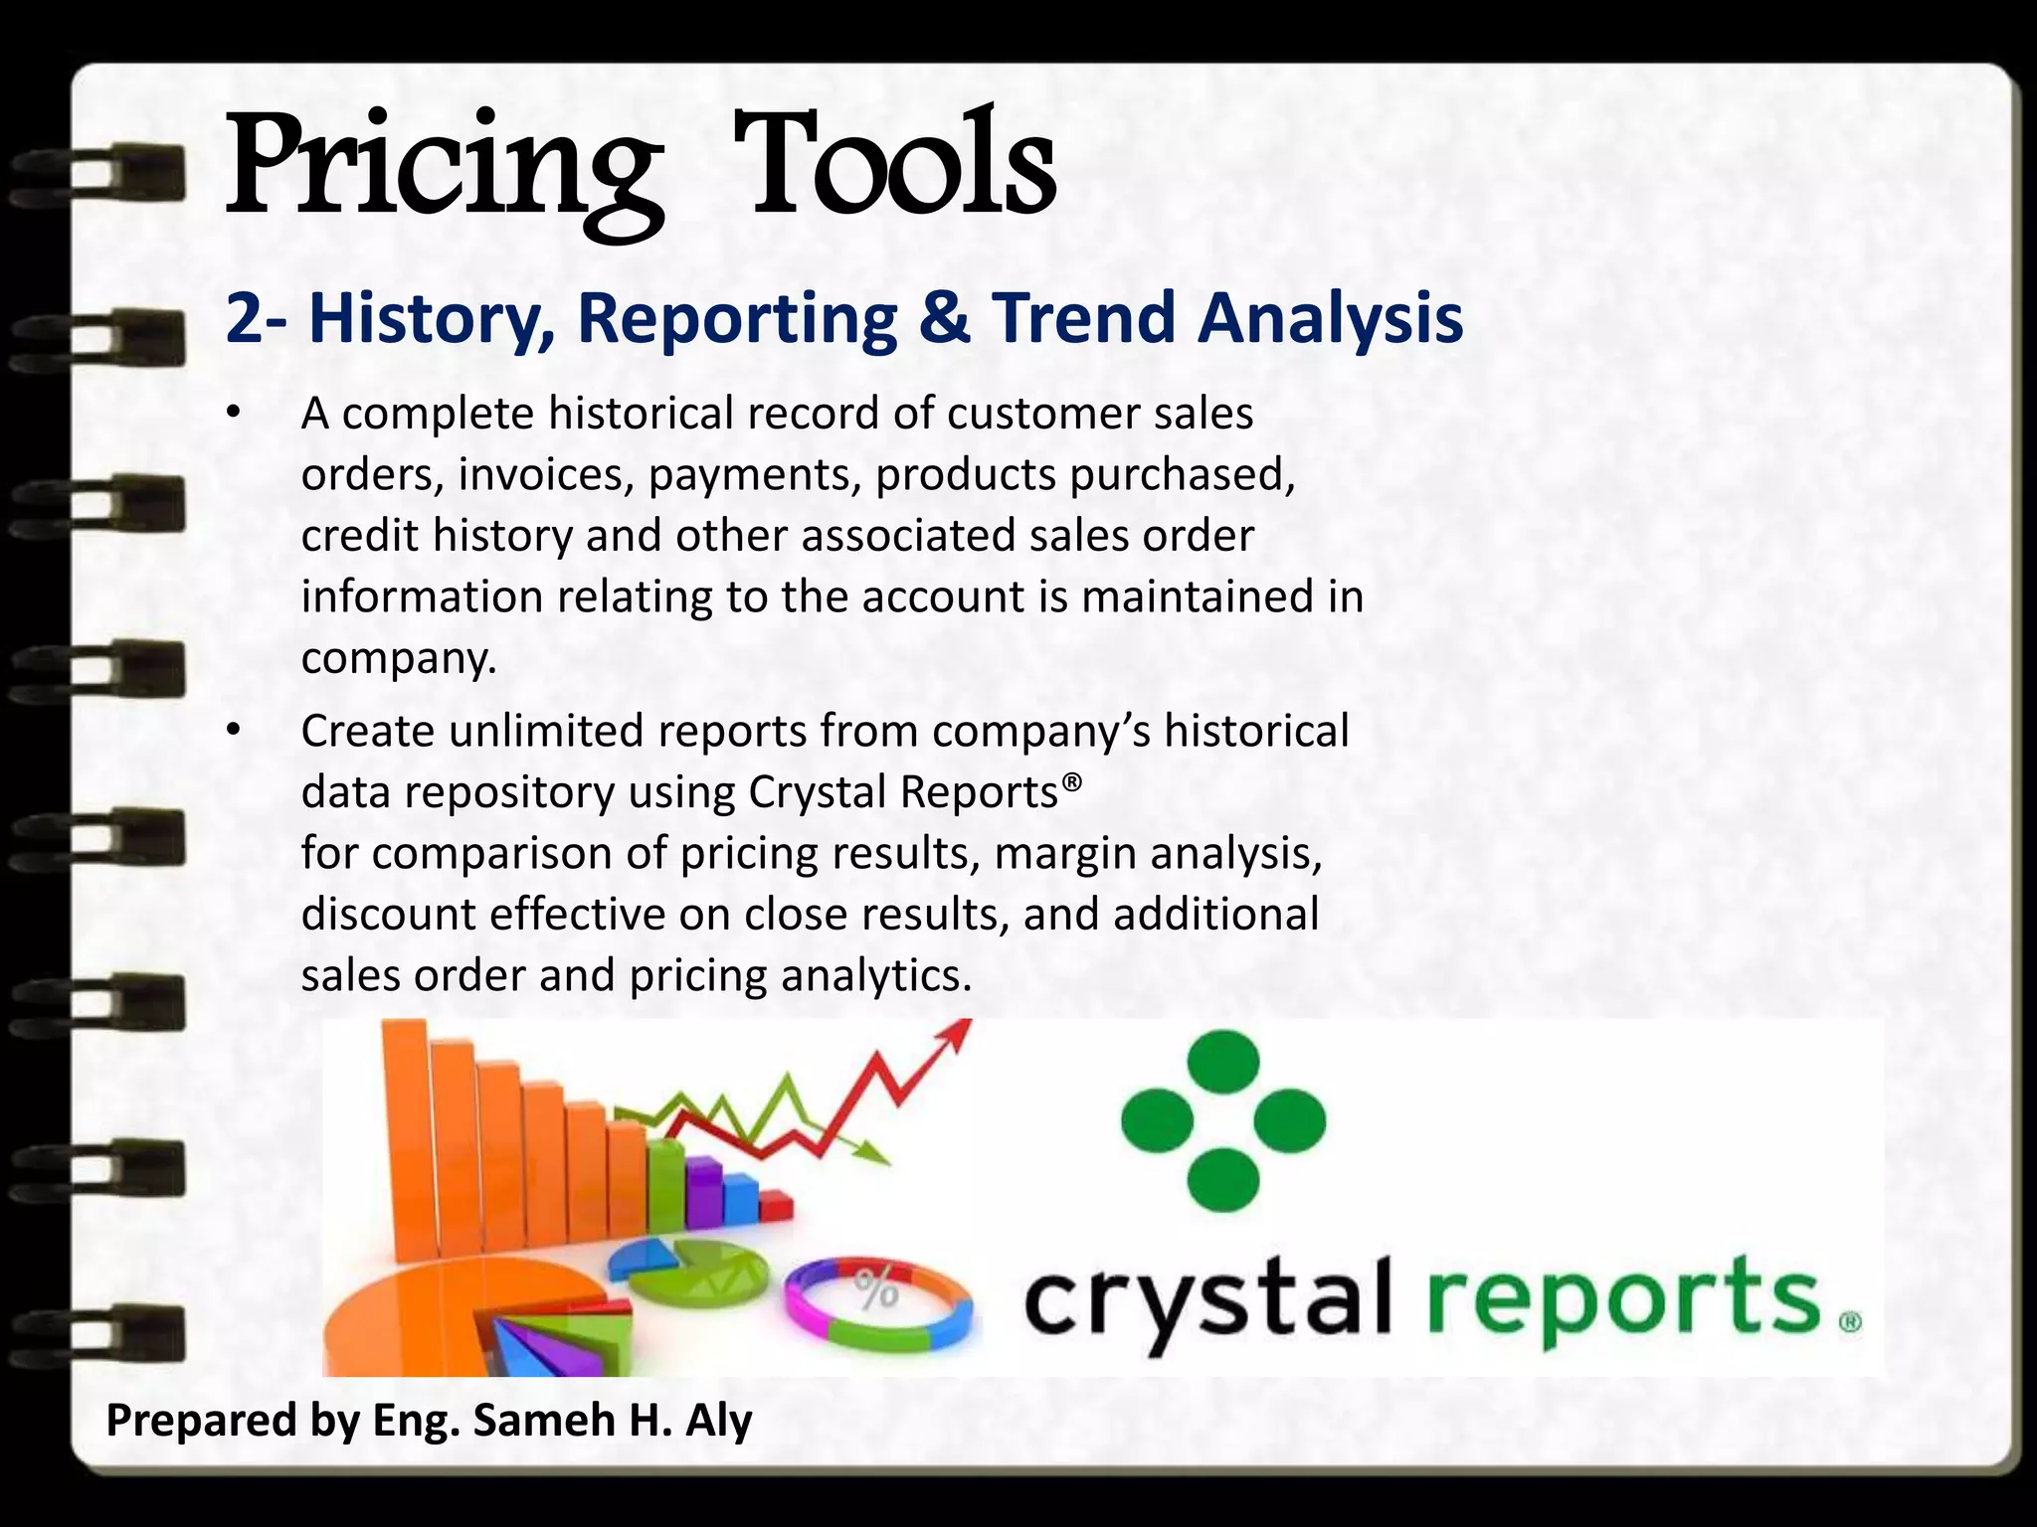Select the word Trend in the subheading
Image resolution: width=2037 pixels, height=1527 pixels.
[1083, 318]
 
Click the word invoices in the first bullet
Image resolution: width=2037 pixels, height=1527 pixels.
[546, 474]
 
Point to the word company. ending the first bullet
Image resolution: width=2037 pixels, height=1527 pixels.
[398, 658]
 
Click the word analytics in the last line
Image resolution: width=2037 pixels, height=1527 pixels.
[875, 975]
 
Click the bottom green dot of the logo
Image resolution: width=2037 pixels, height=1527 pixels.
[1223, 1179]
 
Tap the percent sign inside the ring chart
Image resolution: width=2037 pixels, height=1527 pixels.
[875, 1290]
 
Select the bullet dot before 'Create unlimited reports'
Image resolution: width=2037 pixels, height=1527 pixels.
[233, 733]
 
